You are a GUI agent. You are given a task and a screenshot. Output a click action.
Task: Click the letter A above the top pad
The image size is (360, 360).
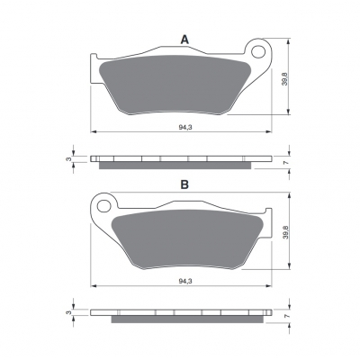pos(184,40)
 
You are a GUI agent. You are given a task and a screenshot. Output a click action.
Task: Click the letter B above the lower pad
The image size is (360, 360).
pos(184,184)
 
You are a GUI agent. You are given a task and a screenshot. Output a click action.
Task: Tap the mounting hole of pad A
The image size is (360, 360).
pos(258,52)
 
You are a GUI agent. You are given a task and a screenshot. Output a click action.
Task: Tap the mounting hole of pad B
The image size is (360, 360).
pos(104,206)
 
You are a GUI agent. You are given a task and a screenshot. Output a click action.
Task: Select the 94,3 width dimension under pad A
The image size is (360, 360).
pos(185,127)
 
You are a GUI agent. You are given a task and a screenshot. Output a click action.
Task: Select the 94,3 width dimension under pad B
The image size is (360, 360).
pos(185,281)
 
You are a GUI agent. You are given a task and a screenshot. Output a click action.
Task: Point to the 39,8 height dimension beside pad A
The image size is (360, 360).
pos(284,79)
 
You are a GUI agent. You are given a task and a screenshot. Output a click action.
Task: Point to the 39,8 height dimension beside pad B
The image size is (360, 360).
pos(285,232)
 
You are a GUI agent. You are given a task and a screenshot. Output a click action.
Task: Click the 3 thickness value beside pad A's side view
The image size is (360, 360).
pos(70,159)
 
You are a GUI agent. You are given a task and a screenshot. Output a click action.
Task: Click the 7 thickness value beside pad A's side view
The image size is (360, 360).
pos(286,163)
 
